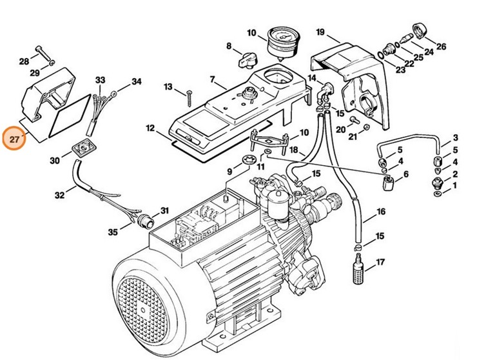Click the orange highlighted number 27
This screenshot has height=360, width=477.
click(14, 139)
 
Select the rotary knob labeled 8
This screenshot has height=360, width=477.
click(248, 60)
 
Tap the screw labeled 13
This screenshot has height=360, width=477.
click(189, 98)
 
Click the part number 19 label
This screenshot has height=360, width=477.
click(320, 32)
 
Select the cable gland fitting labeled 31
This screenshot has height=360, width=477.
click(144, 220)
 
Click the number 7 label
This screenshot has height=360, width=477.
click(213, 79)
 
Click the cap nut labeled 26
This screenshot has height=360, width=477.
click(421, 31)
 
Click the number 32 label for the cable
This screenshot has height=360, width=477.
click(59, 195)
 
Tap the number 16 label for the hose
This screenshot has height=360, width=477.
click(381, 212)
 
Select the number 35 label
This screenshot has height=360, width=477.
click(113, 232)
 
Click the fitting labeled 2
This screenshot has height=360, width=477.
click(437, 182)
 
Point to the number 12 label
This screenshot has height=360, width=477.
click(151, 128)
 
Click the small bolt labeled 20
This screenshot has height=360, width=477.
click(355, 120)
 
